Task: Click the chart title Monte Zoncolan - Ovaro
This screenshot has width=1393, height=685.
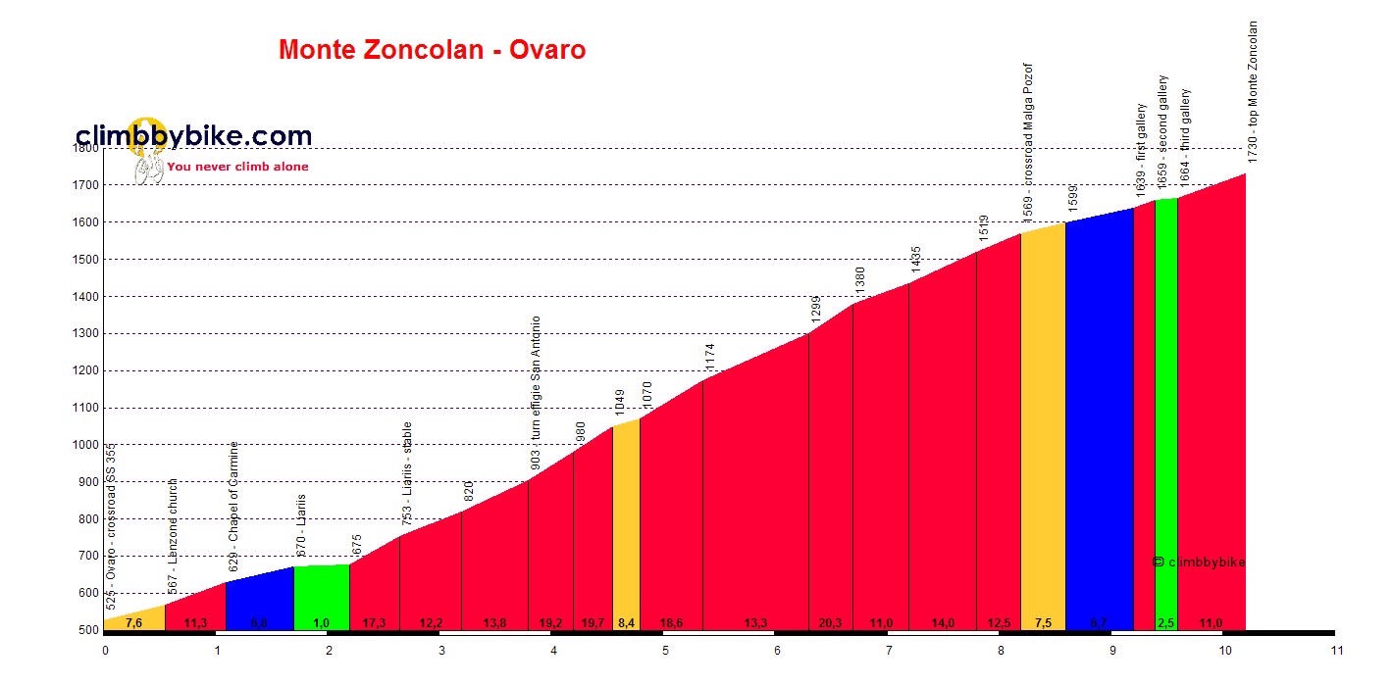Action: [x=432, y=50]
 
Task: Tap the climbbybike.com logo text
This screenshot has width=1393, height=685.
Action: [x=193, y=136]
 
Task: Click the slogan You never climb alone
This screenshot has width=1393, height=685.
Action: [x=237, y=167]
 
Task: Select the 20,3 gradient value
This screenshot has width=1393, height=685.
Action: [x=829, y=623]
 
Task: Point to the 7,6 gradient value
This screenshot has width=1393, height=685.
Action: [x=134, y=623]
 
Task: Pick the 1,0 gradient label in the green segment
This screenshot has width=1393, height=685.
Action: [x=321, y=623]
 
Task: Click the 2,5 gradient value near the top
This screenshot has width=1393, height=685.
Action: [x=1165, y=623]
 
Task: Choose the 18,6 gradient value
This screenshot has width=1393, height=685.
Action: [x=671, y=623]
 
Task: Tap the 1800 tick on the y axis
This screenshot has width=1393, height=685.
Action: [x=87, y=148]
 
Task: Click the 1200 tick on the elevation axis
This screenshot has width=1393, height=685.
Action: [x=87, y=371]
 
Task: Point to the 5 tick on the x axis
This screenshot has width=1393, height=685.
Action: [x=665, y=649]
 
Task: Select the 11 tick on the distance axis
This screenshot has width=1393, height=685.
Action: [x=1335, y=649]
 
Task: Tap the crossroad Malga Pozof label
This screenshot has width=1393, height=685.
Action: [x=1028, y=128]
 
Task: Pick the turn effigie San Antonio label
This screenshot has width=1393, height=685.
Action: [x=536, y=393]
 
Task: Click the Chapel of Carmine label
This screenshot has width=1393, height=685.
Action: [x=233, y=506]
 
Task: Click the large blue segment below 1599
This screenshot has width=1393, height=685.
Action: [x=1099, y=421]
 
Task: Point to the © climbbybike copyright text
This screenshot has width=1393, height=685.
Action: [x=1198, y=562]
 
